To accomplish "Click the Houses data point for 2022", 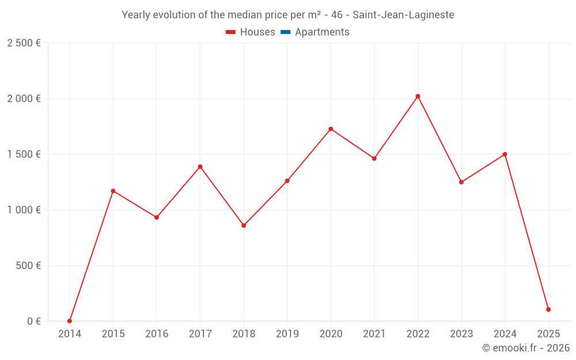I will coord(418,96).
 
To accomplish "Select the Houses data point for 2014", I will coord(70,321).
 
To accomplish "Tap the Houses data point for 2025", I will coord(548,309).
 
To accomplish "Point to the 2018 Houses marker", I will coord(244,225).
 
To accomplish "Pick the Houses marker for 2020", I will coord(331,129).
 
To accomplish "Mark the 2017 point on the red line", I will coord(200,166).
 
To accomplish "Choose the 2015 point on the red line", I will coord(113,191).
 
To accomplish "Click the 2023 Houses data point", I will coord(461,182).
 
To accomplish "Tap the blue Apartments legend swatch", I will coord(285,32).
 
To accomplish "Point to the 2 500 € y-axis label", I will coord(24,43).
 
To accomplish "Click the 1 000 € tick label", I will coord(24,210).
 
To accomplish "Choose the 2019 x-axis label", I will coord(287,334).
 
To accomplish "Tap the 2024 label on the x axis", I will coord(505,334).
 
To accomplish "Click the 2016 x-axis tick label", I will coord(157,334).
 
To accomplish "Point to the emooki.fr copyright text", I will coord(526,348).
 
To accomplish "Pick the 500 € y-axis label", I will coord(28,266).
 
